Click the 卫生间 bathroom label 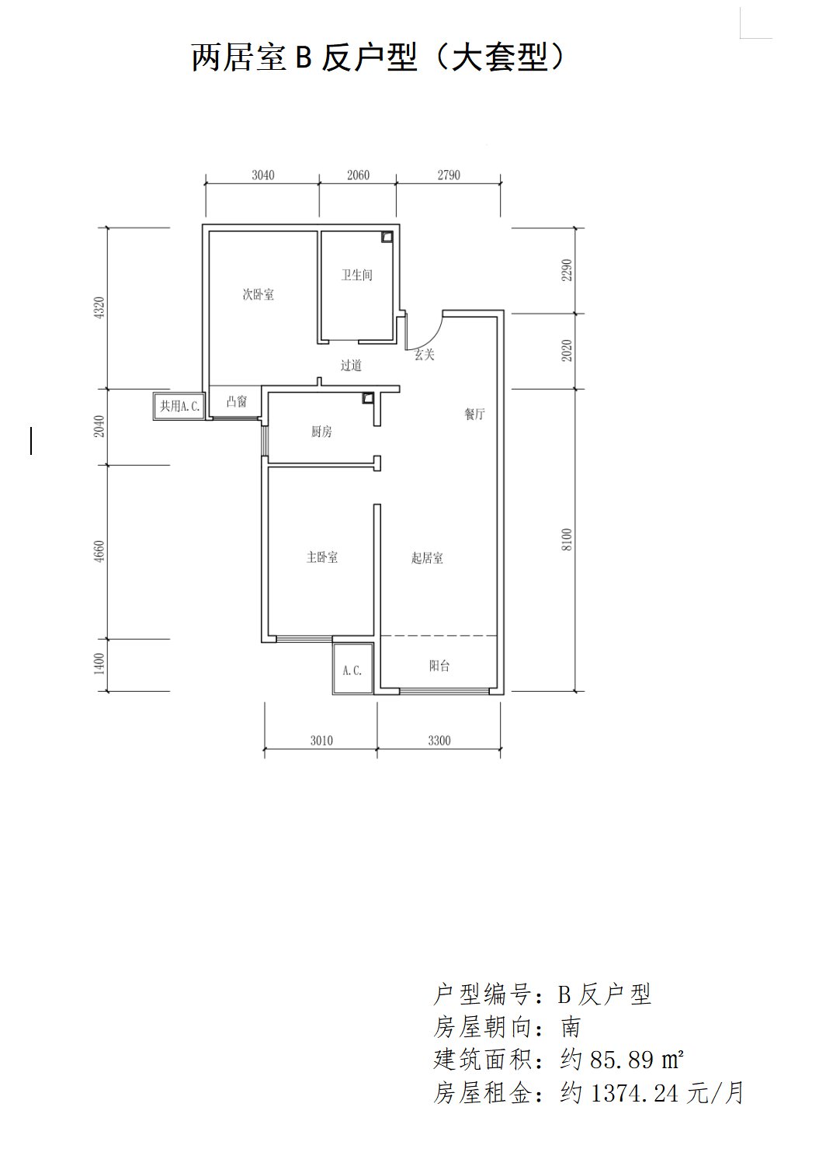(x=356, y=275)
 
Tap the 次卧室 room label (x=259, y=295)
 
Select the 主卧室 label (x=322, y=557)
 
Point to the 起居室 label (x=427, y=558)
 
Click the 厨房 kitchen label (x=321, y=432)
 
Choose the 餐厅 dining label (x=474, y=414)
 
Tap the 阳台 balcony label (x=439, y=666)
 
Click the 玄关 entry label (x=425, y=355)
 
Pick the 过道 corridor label (x=351, y=366)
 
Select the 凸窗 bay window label (x=237, y=401)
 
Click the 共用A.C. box (x=179, y=406)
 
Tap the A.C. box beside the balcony (x=353, y=668)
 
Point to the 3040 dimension (x=263, y=175)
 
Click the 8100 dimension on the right (x=567, y=540)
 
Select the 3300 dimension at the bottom (x=439, y=741)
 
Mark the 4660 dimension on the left (x=99, y=552)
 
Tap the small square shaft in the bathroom (x=387, y=237)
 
